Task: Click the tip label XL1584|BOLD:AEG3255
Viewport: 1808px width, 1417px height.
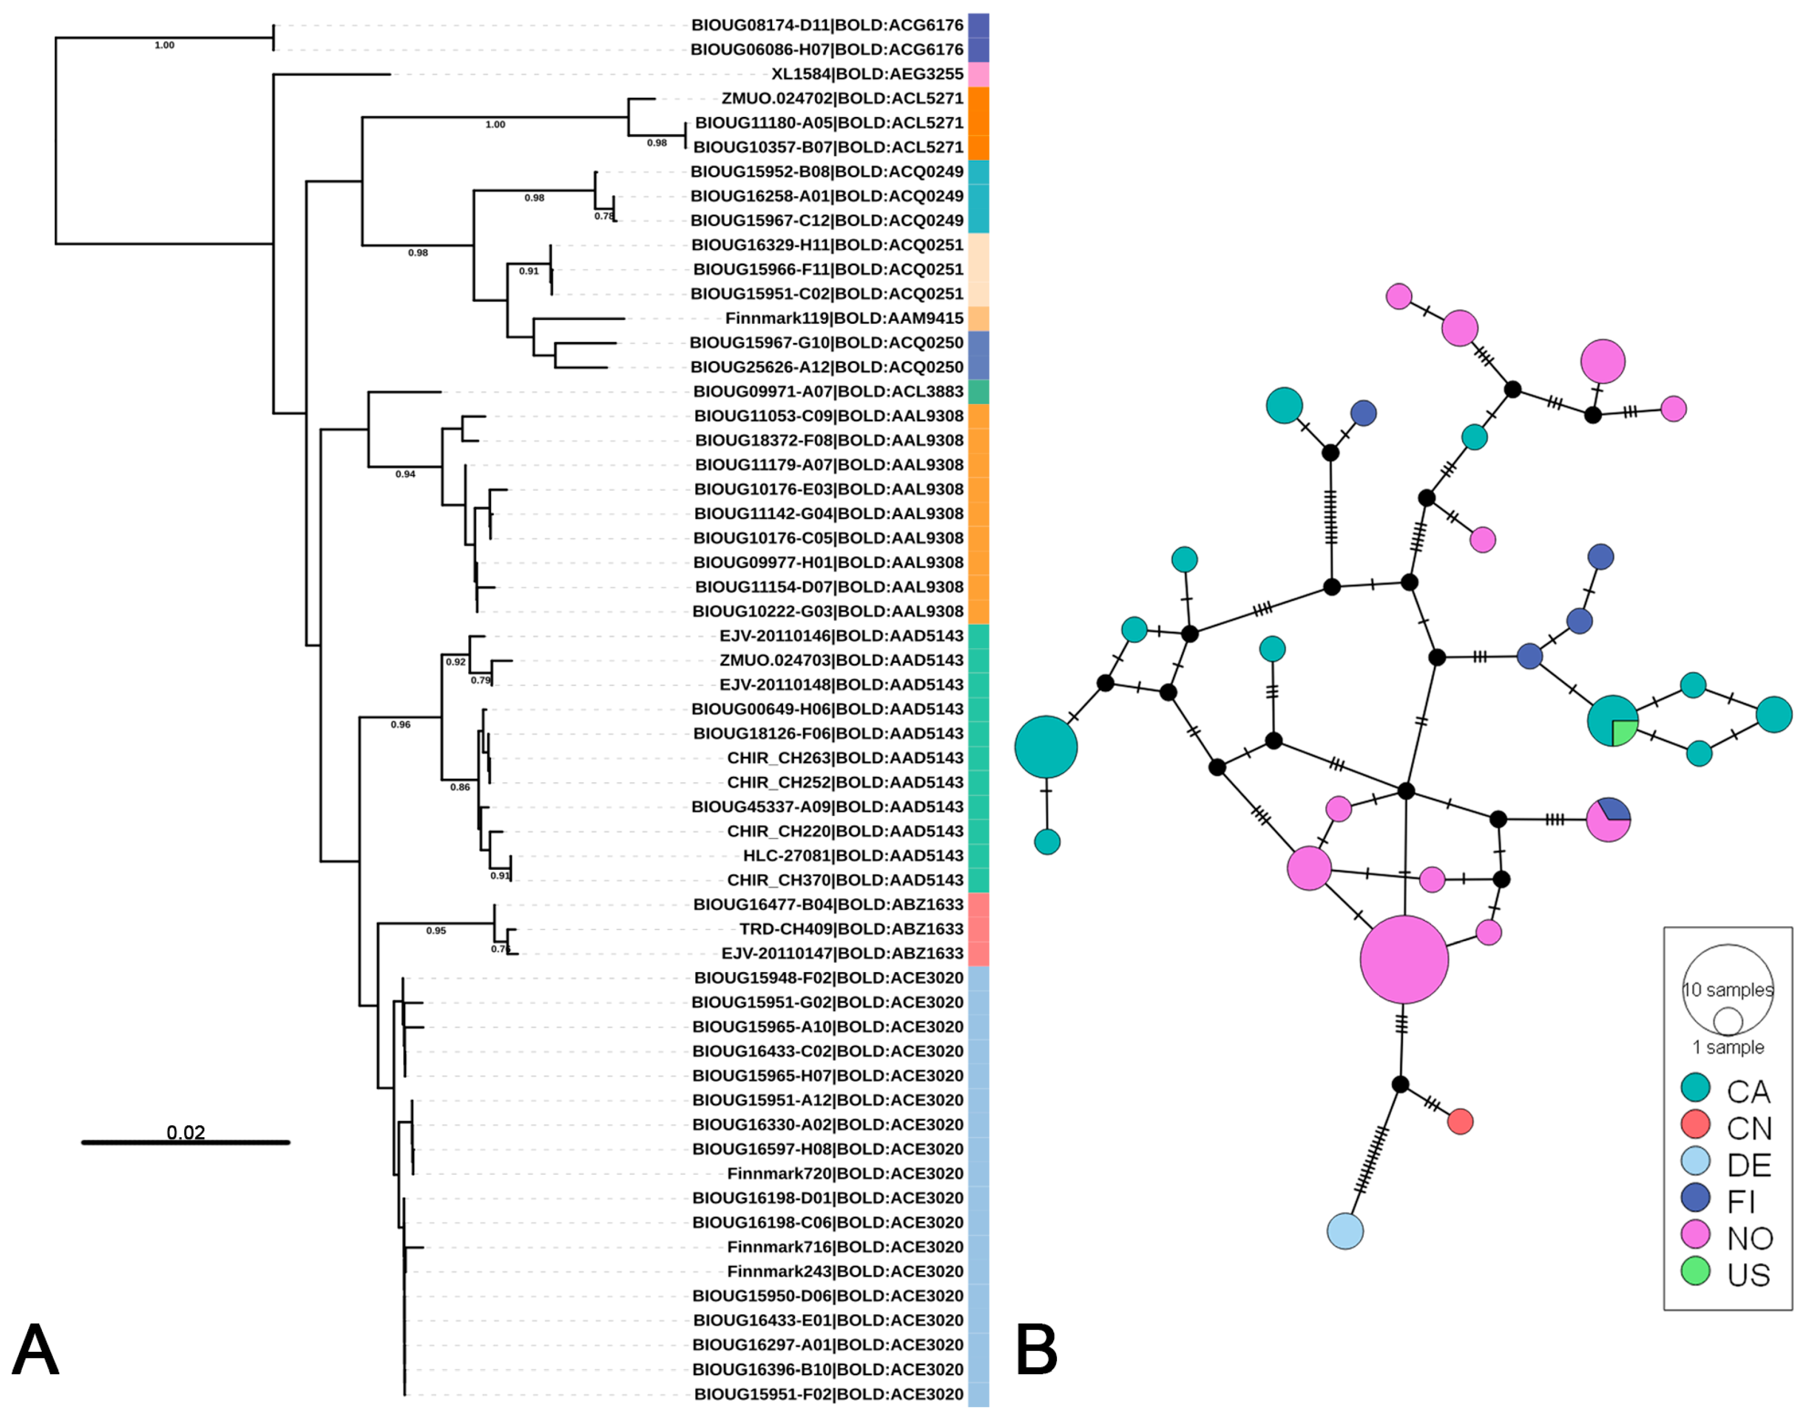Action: tap(867, 74)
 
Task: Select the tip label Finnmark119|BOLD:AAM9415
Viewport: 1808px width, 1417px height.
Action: tap(843, 318)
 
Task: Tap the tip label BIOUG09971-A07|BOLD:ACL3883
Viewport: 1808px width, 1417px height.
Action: tap(828, 392)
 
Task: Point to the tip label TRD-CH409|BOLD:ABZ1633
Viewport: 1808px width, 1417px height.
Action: tap(851, 929)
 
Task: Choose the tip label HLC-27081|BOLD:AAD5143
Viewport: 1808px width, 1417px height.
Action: tap(853, 855)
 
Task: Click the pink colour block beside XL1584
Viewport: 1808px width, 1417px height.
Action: tap(978, 74)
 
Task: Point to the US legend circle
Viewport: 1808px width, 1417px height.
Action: tap(1695, 1271)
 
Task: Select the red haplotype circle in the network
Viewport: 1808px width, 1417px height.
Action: tap(1460, 1121)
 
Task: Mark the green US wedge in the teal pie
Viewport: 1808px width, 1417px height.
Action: tap(1623, 732)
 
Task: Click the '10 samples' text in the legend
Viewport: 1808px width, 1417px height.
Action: tap(1728, 990)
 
